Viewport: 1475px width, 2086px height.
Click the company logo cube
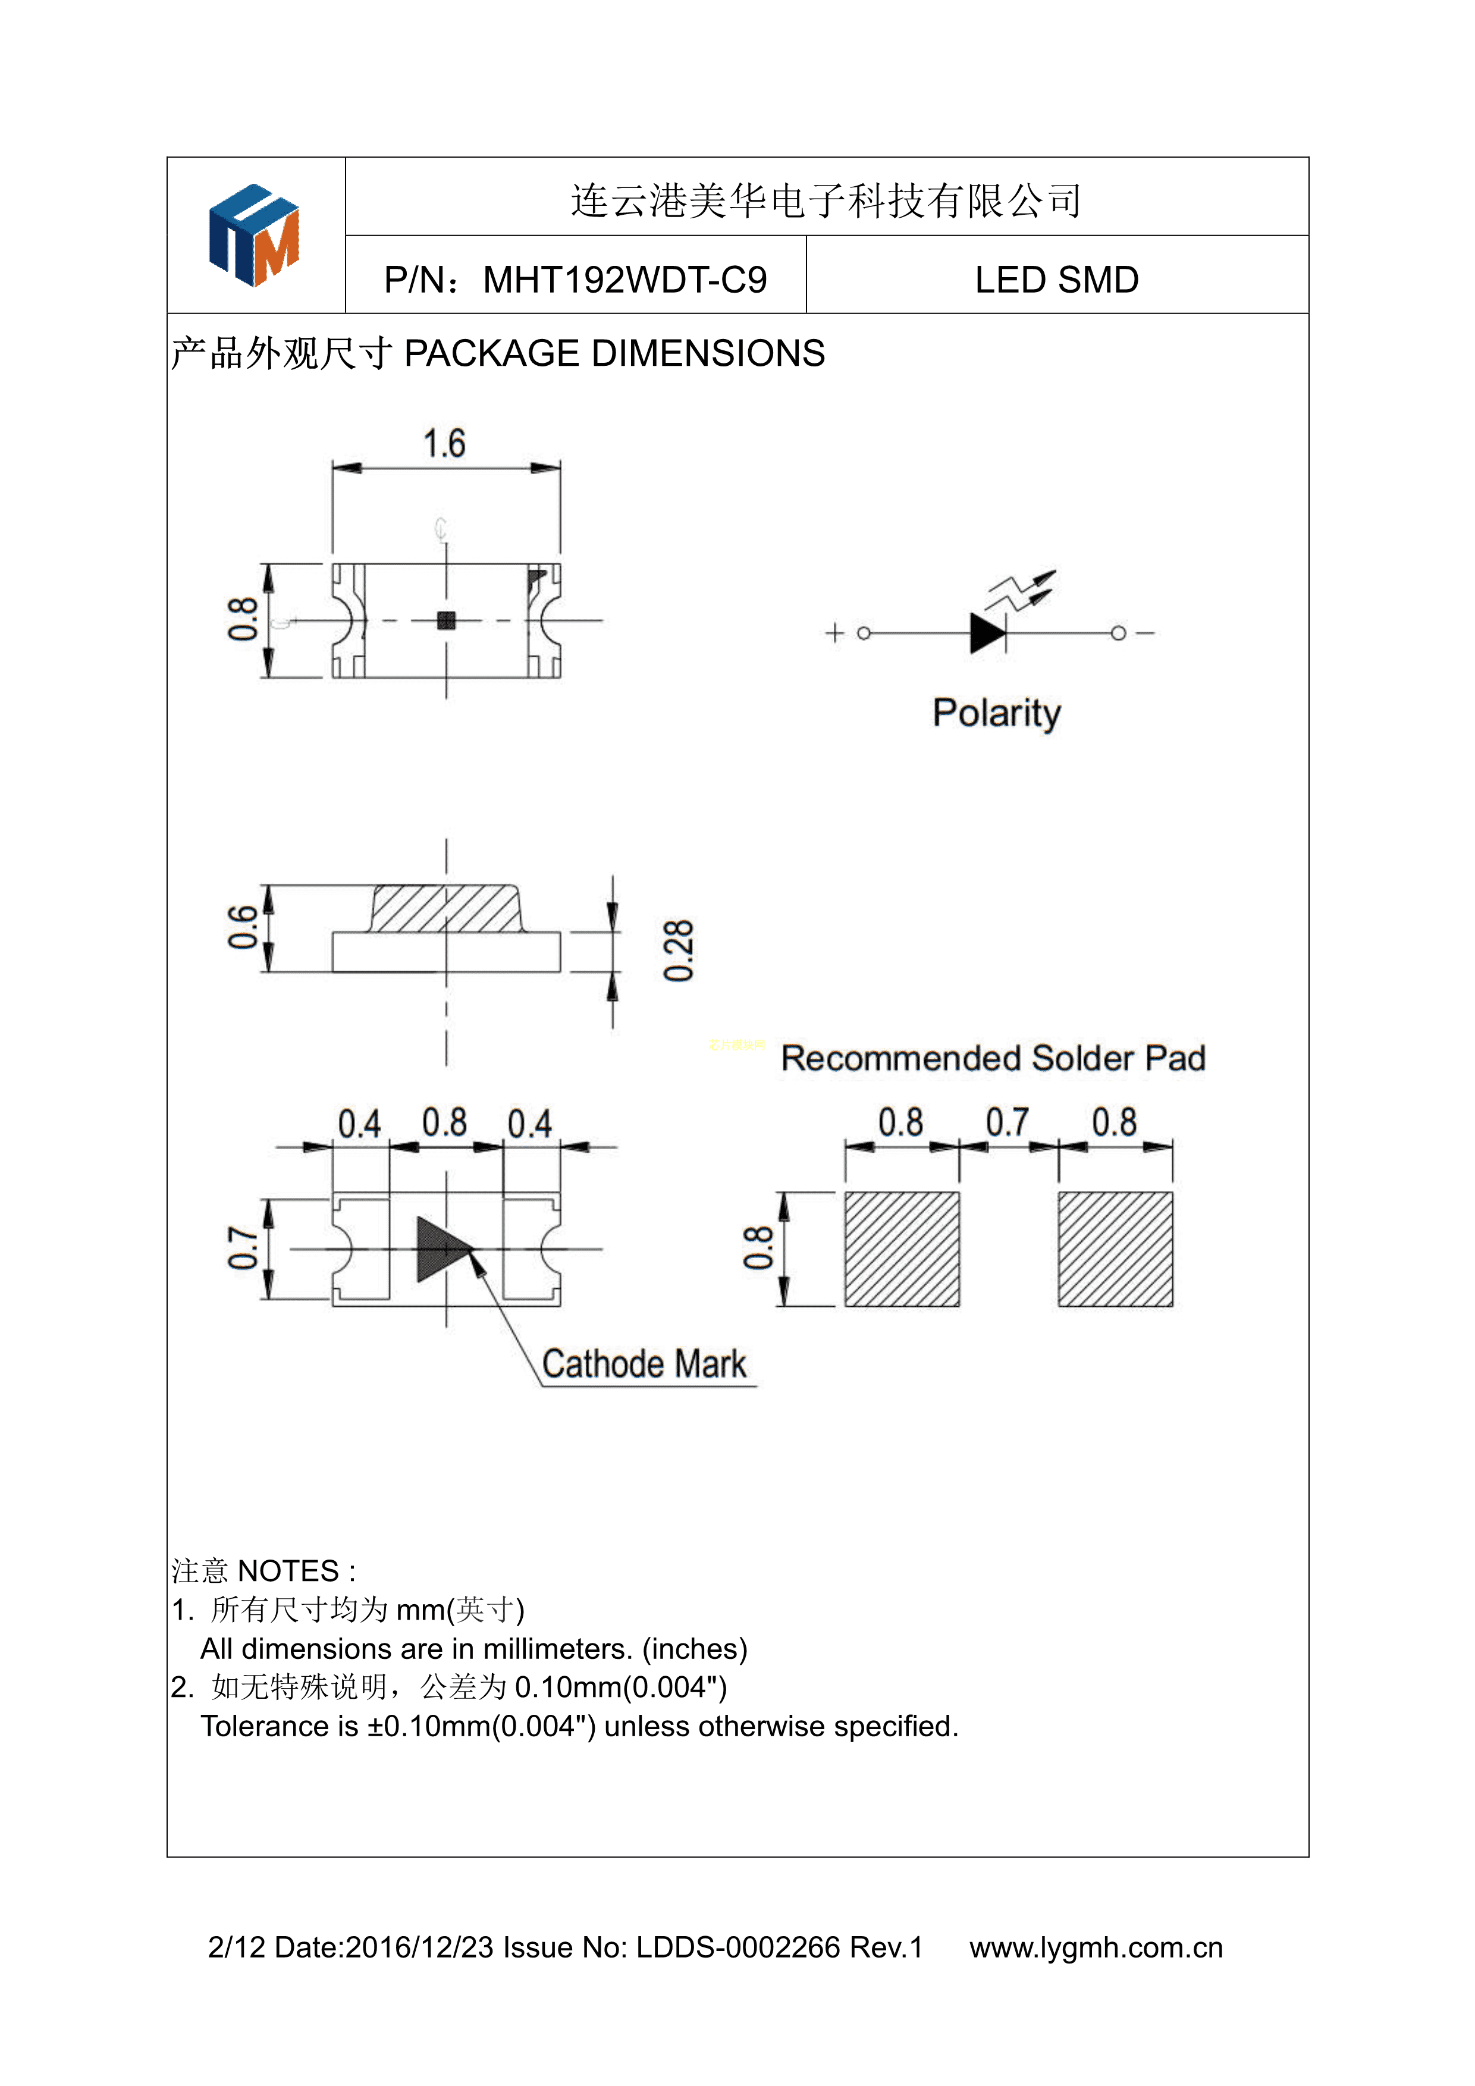255,236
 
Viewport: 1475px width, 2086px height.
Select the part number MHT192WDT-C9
625,280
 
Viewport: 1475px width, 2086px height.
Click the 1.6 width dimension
444,443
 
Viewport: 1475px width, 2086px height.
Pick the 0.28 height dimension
679,951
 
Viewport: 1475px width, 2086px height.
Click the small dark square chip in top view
446,620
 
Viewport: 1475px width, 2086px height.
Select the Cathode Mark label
644,1364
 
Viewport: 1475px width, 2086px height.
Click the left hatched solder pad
902,1249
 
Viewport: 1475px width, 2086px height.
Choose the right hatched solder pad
1115,1249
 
